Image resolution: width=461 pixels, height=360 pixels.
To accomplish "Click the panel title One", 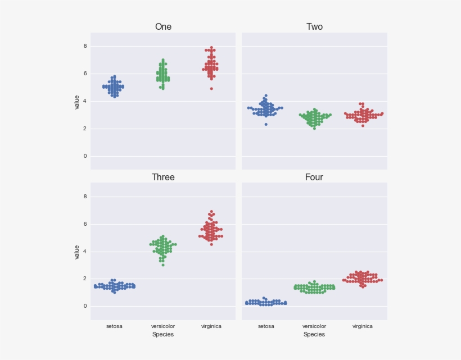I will click(163, 27).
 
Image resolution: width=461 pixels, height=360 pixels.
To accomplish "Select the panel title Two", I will click(314, 27).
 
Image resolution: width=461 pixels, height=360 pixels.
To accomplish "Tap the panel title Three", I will click(163, 177).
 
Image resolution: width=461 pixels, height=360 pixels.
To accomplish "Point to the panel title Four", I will click(314, 177).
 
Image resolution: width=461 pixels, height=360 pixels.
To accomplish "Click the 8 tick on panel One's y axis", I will click(85, 46).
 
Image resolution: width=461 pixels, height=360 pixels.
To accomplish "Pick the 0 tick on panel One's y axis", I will click(85, 156).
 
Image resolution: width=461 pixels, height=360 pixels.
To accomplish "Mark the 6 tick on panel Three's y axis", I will click(85, 224).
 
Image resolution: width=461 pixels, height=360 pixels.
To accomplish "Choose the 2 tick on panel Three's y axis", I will click(85, 279).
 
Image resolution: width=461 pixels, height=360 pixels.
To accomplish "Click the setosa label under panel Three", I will click(114, 326).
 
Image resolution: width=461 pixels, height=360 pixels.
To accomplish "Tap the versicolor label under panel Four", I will click(314, 326).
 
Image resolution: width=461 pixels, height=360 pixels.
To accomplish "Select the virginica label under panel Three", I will click(211, 326).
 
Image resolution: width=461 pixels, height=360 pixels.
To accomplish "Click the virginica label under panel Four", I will click(363, 326).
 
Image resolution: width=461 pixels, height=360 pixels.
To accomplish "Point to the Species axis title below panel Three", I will click(163, 335).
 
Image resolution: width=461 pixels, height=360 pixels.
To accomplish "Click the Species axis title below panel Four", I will click(314, 335).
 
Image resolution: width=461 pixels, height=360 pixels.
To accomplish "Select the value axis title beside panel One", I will click(77, 102).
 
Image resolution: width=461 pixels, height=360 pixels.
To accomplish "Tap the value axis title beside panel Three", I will click(77, 252).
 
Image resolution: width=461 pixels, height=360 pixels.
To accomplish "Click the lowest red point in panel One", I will click(211, 89).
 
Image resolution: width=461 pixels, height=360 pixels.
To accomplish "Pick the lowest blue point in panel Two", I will click(266, 124).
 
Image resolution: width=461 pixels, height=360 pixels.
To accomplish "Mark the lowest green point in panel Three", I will click(163, 265).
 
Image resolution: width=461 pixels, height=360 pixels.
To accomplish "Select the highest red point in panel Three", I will click(211, 212).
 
